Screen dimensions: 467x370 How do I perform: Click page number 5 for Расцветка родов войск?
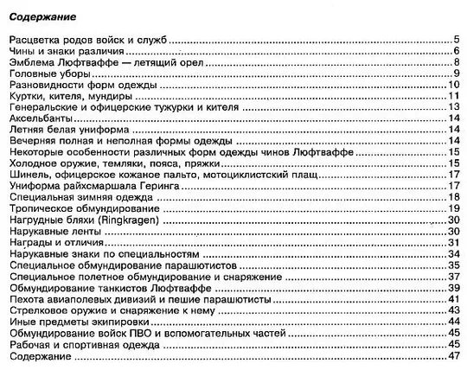455,40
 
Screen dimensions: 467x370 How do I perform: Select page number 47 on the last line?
451,356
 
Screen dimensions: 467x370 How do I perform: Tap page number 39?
451,288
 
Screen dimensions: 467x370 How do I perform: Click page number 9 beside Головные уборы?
455,73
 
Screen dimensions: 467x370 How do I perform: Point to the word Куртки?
26,96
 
